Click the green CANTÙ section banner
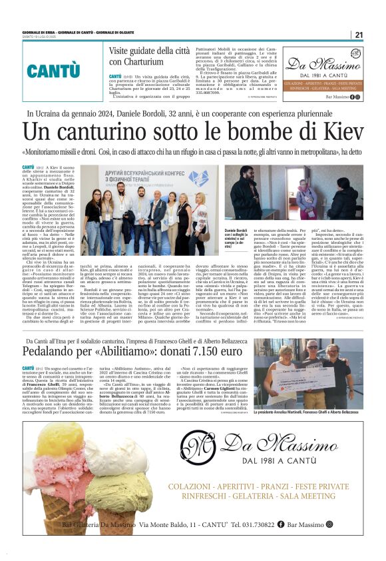click(53, 70)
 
